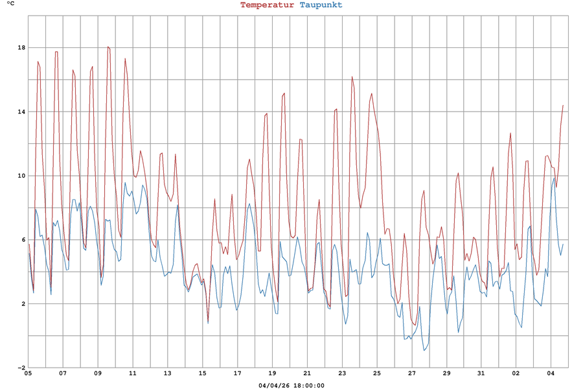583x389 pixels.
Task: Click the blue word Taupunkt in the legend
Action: point(321,5)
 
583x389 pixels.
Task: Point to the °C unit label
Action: point(10,5)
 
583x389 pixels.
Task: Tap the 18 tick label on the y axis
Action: point(21,47)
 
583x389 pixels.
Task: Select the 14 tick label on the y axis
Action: point(21,112)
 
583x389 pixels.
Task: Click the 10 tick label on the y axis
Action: point(21,176)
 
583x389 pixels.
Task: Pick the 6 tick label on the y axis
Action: point(23,240)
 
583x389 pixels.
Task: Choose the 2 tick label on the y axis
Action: point(23,303)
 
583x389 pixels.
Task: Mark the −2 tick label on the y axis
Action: point(21,368)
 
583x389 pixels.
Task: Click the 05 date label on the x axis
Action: point(28,373)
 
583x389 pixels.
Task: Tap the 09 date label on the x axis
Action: point(98,373)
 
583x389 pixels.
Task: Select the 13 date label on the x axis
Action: point(167,373)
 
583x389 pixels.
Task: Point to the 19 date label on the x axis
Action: point(272,373)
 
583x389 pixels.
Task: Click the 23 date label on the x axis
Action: point(341,373)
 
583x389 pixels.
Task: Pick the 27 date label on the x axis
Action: point(411,373)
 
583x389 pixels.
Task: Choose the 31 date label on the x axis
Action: point(481,373)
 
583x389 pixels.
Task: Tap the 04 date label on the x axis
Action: point(551,373)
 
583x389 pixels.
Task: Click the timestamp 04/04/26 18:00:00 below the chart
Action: point(291,385)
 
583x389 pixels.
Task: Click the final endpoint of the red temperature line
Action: point(563,105)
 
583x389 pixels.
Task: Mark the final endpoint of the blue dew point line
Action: point(563,244)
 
